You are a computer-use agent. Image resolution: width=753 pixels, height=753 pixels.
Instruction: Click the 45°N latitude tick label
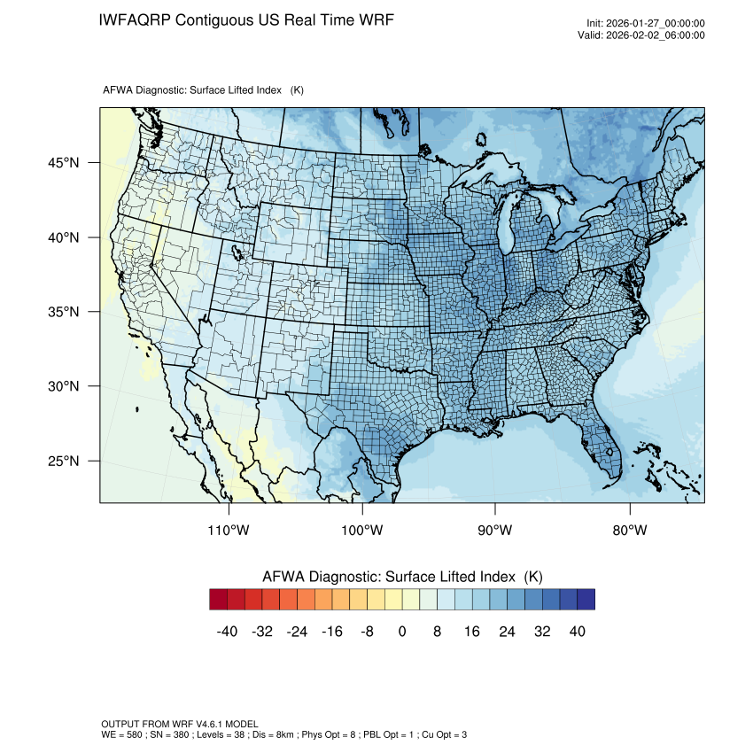(63, 163)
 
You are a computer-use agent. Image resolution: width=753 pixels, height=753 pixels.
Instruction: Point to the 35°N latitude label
(63, 312)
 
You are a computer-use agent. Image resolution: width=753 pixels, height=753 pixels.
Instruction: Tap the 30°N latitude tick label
(63, 386)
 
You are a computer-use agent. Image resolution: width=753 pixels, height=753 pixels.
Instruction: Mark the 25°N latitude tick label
(63, 461)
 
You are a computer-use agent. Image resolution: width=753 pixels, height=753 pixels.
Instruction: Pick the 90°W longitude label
(495, 531)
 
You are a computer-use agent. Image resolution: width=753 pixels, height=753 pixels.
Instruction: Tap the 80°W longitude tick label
(630, 531)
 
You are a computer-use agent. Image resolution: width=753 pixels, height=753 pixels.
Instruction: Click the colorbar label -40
(228, 632)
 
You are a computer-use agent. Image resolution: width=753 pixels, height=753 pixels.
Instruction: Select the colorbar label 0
(402, 632)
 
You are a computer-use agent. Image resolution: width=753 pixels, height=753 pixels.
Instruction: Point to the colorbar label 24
(507, 632)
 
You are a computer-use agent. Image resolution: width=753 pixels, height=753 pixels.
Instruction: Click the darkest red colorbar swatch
(219, 600)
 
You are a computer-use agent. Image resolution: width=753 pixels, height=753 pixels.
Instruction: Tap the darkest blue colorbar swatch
(586, 600)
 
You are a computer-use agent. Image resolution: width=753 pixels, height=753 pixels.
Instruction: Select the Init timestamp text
(646, 24)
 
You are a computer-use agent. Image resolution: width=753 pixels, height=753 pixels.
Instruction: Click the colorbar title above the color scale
(402, 577)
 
